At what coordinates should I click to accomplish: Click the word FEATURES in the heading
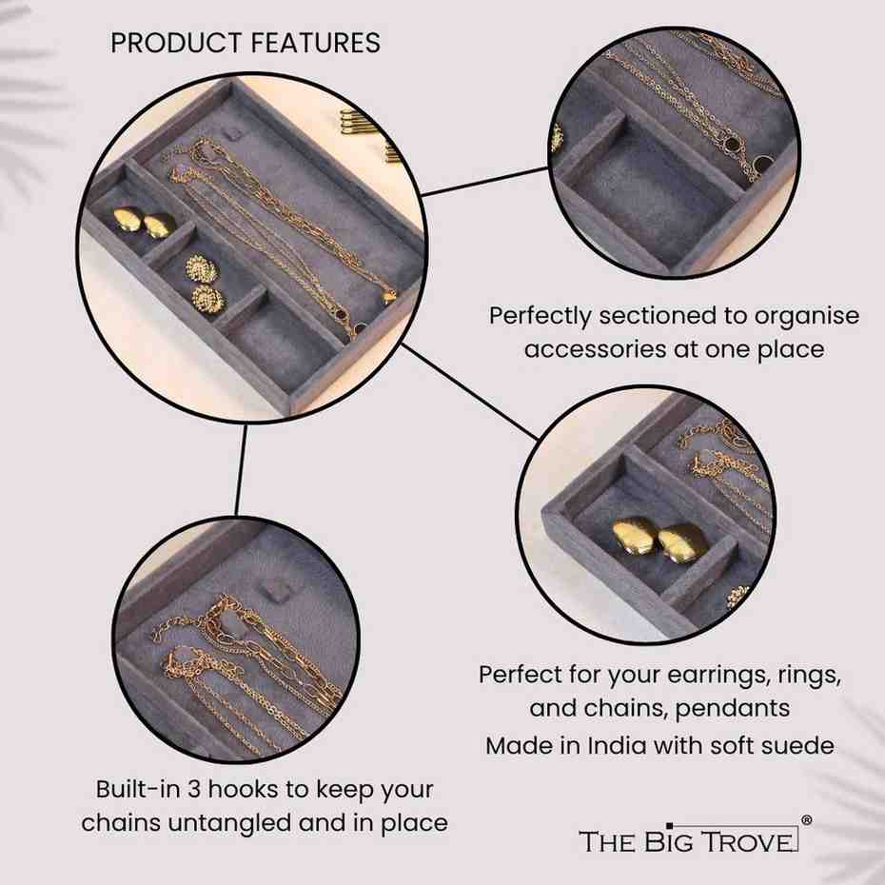[x=316, y=43]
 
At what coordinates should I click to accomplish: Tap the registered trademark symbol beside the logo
[x=807, y=820]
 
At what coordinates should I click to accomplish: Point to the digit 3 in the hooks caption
[x=194, y=789]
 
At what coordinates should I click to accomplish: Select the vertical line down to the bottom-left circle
[x=241, y=470]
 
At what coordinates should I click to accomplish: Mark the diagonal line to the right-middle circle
[x=469, y=390]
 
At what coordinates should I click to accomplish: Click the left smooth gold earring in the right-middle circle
[x=633, y=535]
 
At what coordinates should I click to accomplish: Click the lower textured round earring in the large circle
[x=208, y=298]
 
